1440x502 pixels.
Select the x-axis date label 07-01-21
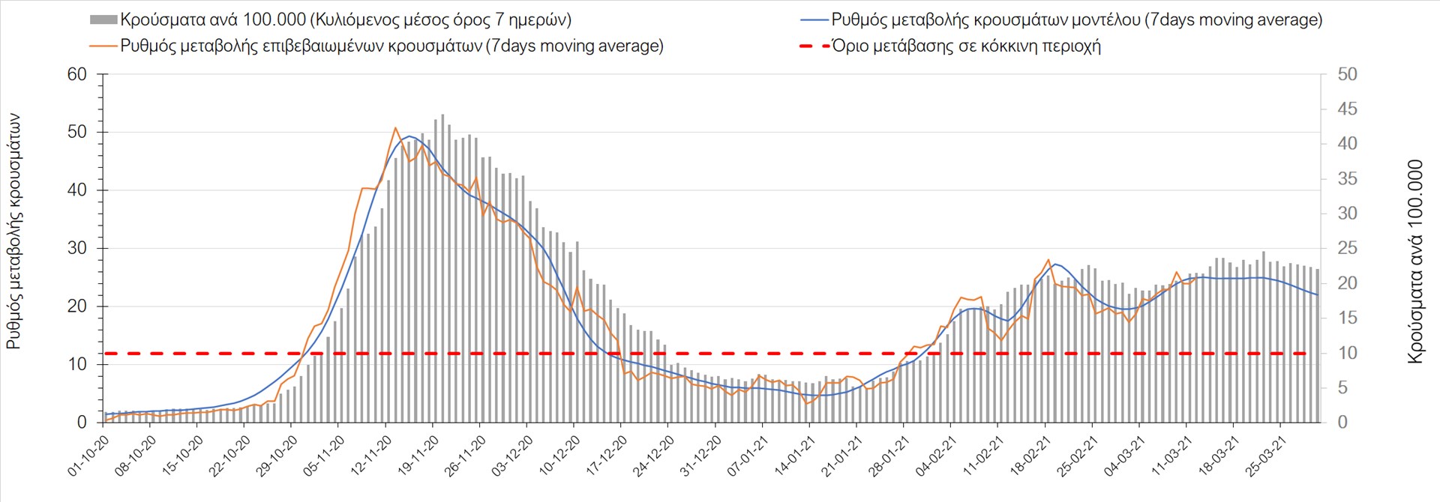coord(747,456)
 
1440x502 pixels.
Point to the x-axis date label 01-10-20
coord(88,456)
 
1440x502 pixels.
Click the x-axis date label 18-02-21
coord(1030,456)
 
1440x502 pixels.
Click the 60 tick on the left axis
coord(77,74)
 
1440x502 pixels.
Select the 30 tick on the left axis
coord(77,248)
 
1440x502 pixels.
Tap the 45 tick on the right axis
coord(1347,109)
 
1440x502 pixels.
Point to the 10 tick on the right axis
coord(1347,353)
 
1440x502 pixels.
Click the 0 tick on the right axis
coord(1342,423)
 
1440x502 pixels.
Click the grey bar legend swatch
coord(103,20)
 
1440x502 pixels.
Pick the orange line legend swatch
coord(103,46)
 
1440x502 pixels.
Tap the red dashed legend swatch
coord(814,46)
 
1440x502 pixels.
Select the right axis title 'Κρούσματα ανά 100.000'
coord(1414,262)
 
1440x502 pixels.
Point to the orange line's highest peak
coord(395,128)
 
